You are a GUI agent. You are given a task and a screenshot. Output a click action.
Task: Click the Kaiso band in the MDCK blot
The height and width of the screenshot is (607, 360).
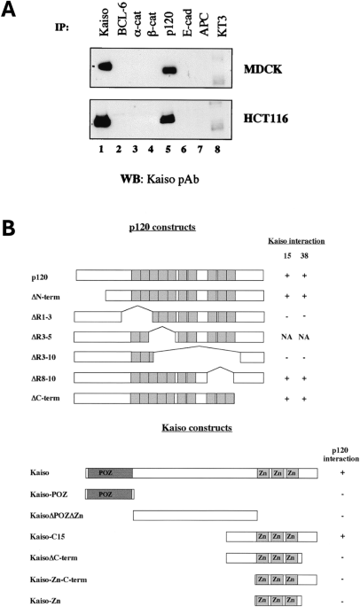click(x=105, y=66)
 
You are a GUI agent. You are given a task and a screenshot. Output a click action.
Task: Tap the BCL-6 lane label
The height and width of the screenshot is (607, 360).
click(x=122, y=25)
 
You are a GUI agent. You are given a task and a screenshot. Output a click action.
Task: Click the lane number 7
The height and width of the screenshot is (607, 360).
click(x=200, y=149)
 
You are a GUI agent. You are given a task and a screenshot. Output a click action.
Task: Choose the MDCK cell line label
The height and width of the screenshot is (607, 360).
click(x=262, y=70)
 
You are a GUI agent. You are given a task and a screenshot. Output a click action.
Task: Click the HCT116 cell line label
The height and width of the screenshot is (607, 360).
click(x=266, y=118)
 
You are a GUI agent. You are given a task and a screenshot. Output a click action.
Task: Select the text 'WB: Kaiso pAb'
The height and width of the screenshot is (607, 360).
click(x=160, y=180)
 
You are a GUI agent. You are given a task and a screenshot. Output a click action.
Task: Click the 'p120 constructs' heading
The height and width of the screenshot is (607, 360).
click(x=162, y=227)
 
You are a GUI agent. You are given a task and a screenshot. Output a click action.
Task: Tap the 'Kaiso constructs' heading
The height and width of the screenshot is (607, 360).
click(x=197, y=428)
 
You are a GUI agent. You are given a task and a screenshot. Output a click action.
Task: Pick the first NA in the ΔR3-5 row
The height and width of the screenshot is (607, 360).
click(x=286, y=338)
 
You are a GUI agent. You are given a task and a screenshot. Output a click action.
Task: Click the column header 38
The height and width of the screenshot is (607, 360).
click(x=304, y=256)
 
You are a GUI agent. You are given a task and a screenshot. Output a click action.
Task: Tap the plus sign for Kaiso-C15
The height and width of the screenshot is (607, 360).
click(x=342, y=536)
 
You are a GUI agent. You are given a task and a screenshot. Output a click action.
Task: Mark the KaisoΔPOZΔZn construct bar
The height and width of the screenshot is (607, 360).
click(x=195, y=516)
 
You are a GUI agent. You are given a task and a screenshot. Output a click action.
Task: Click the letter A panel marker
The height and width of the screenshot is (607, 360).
click(x=8, y=10)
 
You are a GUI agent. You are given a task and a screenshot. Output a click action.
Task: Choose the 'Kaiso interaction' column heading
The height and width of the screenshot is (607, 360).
click(x=296, y=241)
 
